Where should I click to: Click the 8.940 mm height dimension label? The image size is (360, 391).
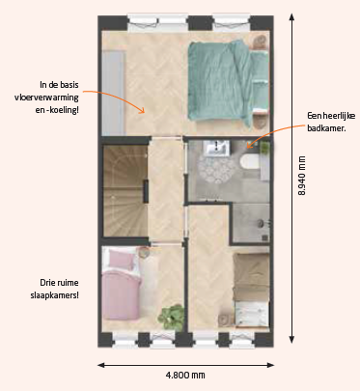tap(302, 176)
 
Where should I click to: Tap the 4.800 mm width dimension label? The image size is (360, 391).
tap(185, 375)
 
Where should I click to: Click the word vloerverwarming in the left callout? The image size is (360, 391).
tap(46, 98)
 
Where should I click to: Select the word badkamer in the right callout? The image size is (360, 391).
tap(326, 128)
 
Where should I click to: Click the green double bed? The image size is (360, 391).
tap(228, 82)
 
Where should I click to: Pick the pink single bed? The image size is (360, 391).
tap(122, 284)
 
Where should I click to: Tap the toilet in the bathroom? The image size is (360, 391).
tap(250, 161)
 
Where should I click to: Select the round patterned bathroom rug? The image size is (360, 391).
tap(216, 167)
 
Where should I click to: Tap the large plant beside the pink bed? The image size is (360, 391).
tap(172, 318)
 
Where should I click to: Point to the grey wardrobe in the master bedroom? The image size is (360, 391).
tap(113, 93)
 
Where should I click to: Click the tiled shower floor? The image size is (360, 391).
tap(251, 223)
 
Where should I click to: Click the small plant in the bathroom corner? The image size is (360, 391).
tap(264, 148)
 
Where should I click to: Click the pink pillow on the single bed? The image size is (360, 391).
tap(122, 260)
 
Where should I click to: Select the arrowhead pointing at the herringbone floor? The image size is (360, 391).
tap(141, 110)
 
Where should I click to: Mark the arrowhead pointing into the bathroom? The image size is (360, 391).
tap(250, 145)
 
